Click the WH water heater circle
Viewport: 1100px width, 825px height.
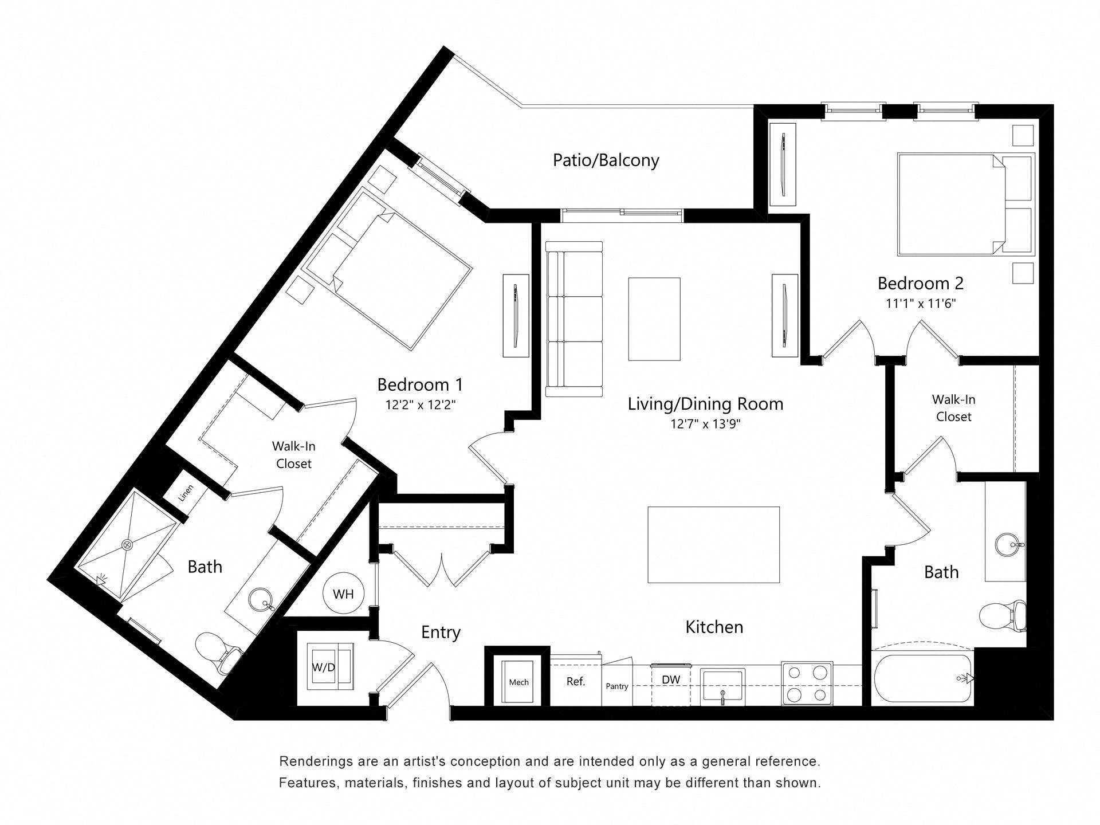(343, 594)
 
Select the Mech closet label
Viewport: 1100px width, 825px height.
(518, 682)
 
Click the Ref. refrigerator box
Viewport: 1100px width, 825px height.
(575, 681)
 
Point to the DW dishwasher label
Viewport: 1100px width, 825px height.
(671, 680)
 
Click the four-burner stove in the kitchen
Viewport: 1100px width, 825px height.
(807, 683)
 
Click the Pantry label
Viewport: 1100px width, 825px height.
(617, 686)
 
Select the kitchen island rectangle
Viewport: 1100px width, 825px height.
(713, 544)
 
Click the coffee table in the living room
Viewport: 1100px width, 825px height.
(654, 319)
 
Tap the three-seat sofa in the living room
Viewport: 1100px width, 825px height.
(574, 319)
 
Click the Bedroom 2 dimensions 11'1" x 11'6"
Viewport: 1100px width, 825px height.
(921, 304)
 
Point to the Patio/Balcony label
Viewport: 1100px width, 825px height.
(606, 160)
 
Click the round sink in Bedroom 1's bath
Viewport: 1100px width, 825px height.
(262, 600)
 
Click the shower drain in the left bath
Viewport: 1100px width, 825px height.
(127, 544)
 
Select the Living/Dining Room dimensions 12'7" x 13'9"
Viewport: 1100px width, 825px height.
(705, 425)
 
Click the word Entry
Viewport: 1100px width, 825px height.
(441, 632)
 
